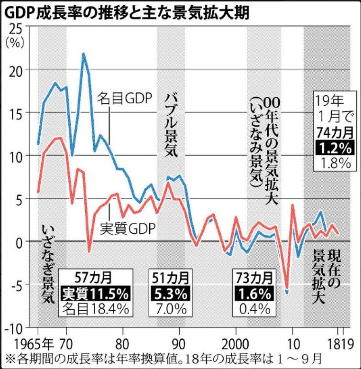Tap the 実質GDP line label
128,228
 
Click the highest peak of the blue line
83,54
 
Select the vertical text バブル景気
171,126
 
